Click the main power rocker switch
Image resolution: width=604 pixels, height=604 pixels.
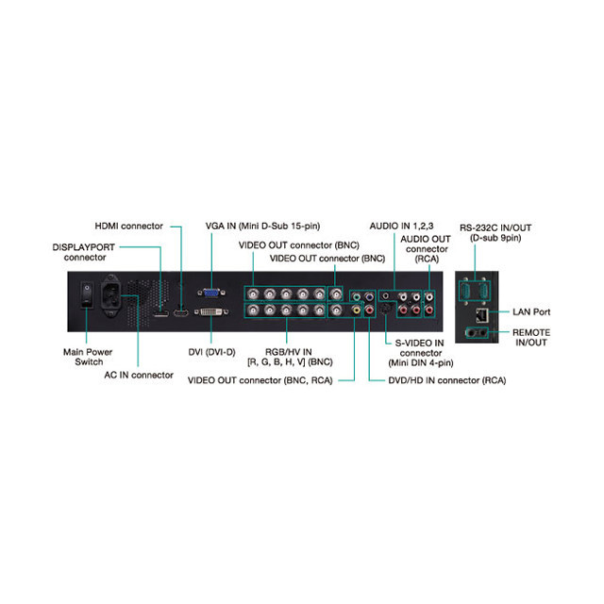(87, 294)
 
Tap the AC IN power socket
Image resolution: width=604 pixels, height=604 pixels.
(111, 295)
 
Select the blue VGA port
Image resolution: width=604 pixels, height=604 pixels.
(211, 294)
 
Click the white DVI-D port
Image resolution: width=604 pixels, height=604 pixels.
(211, 311)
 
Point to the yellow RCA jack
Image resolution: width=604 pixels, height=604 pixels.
(357, 310)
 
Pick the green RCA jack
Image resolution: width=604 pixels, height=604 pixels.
(357, 297)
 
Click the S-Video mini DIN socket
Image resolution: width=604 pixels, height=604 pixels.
(386, 309)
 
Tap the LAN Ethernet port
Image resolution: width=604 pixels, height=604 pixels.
(482, 315)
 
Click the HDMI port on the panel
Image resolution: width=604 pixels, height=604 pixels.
(180, 312)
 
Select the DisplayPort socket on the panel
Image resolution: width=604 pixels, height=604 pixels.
(160, 313)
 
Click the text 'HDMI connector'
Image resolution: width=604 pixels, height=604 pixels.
(128, 226)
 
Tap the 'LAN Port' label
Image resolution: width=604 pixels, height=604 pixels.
(531, 312)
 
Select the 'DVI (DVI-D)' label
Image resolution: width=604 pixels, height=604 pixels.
(211, 352)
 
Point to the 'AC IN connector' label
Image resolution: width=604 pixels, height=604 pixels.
(139, 375)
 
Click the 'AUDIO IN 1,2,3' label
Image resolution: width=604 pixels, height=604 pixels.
(401, 226)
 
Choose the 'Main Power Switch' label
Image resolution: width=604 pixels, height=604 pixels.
(88, 357)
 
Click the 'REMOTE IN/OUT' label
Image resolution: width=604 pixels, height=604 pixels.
(531, 338)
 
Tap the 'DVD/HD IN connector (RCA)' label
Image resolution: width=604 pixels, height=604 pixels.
(446, 380)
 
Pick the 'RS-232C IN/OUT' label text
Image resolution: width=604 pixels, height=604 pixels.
(495, 228)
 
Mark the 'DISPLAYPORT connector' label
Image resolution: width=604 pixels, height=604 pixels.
(84, 252)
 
